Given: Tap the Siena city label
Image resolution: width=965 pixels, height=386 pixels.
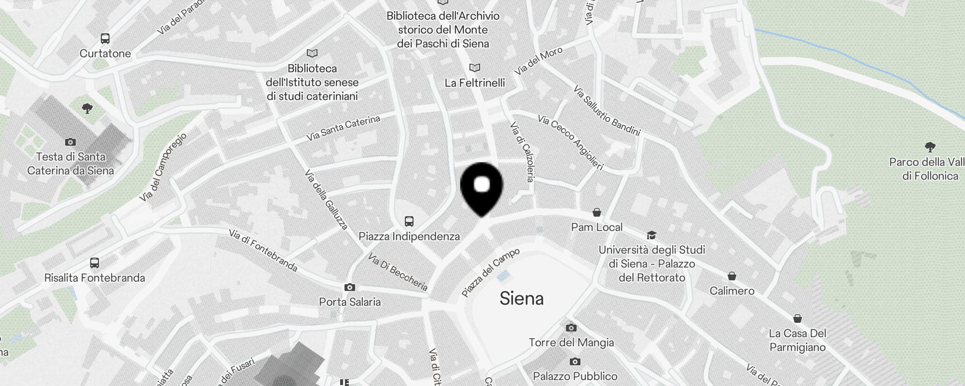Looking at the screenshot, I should tap(522, 298).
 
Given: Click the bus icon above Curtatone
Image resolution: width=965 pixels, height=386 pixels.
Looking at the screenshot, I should tap(105, 39).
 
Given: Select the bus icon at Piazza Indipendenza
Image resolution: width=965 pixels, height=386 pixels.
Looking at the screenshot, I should tap(409, 221).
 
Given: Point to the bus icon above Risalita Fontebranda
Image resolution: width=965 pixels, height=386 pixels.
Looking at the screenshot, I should tap(95, 263).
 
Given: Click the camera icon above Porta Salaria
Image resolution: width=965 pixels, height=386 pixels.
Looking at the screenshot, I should tap(350, 288).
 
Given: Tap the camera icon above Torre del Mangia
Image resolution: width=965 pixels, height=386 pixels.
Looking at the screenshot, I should tap(571, 328).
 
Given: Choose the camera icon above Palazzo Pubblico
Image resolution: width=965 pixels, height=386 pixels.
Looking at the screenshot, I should tap(575, 361).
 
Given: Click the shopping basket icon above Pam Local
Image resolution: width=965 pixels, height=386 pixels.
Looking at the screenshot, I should tap(597, 212).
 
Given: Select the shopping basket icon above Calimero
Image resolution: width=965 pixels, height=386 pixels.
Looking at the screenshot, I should tap(732, 276).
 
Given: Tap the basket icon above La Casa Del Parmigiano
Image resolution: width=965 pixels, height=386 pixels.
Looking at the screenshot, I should tap(798, 318).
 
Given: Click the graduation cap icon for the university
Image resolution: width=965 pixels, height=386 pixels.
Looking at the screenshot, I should tap(651, 235).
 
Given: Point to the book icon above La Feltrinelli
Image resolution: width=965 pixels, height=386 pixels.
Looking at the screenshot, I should tap(475, 68).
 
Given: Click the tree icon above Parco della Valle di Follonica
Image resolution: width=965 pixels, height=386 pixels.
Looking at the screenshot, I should tap(930, 147).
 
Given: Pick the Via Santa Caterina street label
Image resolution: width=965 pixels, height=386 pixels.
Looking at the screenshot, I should tap(343, 128).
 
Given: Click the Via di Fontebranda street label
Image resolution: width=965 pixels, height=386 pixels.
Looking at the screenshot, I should tap(263, 250).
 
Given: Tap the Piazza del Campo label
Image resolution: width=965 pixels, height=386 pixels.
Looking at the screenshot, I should tap(491, 272).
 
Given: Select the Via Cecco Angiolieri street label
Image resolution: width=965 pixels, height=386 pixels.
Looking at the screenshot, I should tap(570, 142).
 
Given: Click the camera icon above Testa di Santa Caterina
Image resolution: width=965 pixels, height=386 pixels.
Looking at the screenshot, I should tap(70, 142).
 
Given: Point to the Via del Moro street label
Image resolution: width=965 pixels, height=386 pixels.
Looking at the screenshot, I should tap(538, 62).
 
